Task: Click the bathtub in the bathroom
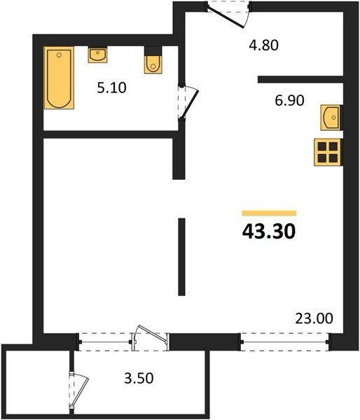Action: [x=59, y=78]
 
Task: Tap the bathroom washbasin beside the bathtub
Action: [x=97, y=55]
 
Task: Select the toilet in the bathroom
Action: [x=153, y=60]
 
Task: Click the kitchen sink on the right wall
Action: [x=331, y=118]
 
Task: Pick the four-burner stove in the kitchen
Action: [x=328, y=152]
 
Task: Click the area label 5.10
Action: [x=111, y=88]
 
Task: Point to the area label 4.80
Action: [x=263, y=45]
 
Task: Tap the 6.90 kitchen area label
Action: [x=289, y=100]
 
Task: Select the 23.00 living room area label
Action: [x=314, y=318]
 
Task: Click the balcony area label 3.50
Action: [x=139, y=378]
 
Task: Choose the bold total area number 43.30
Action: [x=269, y=232]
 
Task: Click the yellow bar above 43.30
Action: [x=269, y=213]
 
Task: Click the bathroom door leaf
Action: [x=190, y=104]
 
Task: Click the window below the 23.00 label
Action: [x=285, y=342]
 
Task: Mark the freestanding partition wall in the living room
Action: [x=181, y=257]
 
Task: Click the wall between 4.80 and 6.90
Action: [x=300, y=80]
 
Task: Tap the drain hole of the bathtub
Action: [x=60, y=55]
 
